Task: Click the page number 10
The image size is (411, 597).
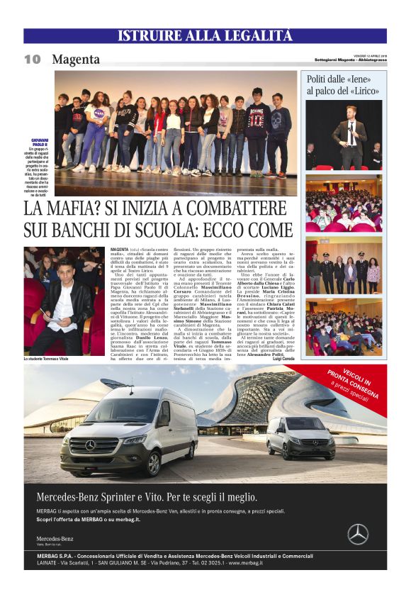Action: [x=32, y=60]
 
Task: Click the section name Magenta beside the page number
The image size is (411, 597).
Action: [x=76, y=60]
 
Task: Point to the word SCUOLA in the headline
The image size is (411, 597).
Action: [x=178, y=230]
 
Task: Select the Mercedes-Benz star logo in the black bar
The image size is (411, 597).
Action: [x=358, y=533]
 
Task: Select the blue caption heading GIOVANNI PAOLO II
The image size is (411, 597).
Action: [x=37, y=142]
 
